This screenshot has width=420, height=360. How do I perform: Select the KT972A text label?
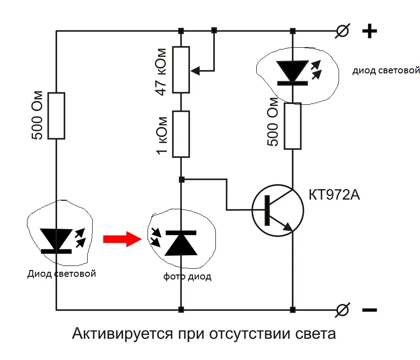tap(335, 195)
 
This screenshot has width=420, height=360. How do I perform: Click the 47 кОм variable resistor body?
tap(181, 70)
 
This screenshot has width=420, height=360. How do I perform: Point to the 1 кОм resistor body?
tap(181, 134)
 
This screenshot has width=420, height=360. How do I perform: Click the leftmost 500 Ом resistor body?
tap(57, 116)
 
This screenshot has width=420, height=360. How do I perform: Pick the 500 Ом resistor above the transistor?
tap(292, 126)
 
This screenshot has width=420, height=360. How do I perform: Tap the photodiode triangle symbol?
tap(180, 243)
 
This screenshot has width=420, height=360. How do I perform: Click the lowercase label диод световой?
tap(386, 71)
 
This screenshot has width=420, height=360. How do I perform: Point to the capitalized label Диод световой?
tap(62, 274)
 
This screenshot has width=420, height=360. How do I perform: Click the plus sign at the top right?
tap(369, 31)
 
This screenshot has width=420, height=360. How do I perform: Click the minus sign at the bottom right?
tap(369, 310)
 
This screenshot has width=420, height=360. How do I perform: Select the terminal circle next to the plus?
tap(343, 31)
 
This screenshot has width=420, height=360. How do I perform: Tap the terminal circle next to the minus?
tap(343, 310)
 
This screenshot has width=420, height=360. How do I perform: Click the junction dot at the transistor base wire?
tap(181, 180)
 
